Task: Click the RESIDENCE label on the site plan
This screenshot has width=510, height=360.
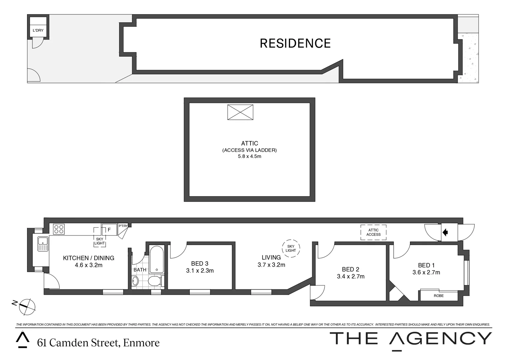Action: coord(295,43)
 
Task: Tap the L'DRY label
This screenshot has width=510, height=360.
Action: coord(38,30)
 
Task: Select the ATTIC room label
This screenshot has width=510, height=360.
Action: coord(249,143)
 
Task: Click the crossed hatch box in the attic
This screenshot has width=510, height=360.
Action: coord(240,112)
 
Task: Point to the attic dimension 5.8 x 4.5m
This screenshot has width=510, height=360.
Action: coord(249,156)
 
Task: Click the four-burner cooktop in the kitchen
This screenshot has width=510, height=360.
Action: coord(59,229)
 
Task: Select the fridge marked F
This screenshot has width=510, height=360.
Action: coord(109,230)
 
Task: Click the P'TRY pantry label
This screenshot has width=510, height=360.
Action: coord(123,226)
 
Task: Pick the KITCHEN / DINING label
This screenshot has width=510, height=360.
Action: coord(88,258)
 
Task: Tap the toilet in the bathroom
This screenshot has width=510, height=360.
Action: coord(155,281)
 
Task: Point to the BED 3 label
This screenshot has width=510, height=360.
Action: coord(199,264)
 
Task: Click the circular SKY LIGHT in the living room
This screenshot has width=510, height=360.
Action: coord(291,248)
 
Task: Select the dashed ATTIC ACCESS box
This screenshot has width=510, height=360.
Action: coord(373,232)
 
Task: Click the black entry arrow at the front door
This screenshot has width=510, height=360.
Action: coord(445,232)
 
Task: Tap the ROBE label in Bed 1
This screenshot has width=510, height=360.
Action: coord(439,296)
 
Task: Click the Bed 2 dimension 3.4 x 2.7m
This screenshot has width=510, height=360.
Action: coord(351,276)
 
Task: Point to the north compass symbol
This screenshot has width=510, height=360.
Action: coord(27,306)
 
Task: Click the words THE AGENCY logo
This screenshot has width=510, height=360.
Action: coord(411,339)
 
